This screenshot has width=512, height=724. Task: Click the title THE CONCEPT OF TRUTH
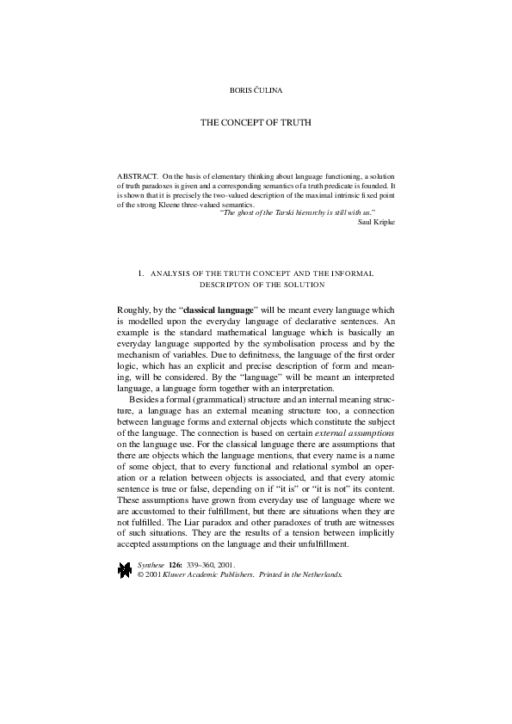(256, 123)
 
